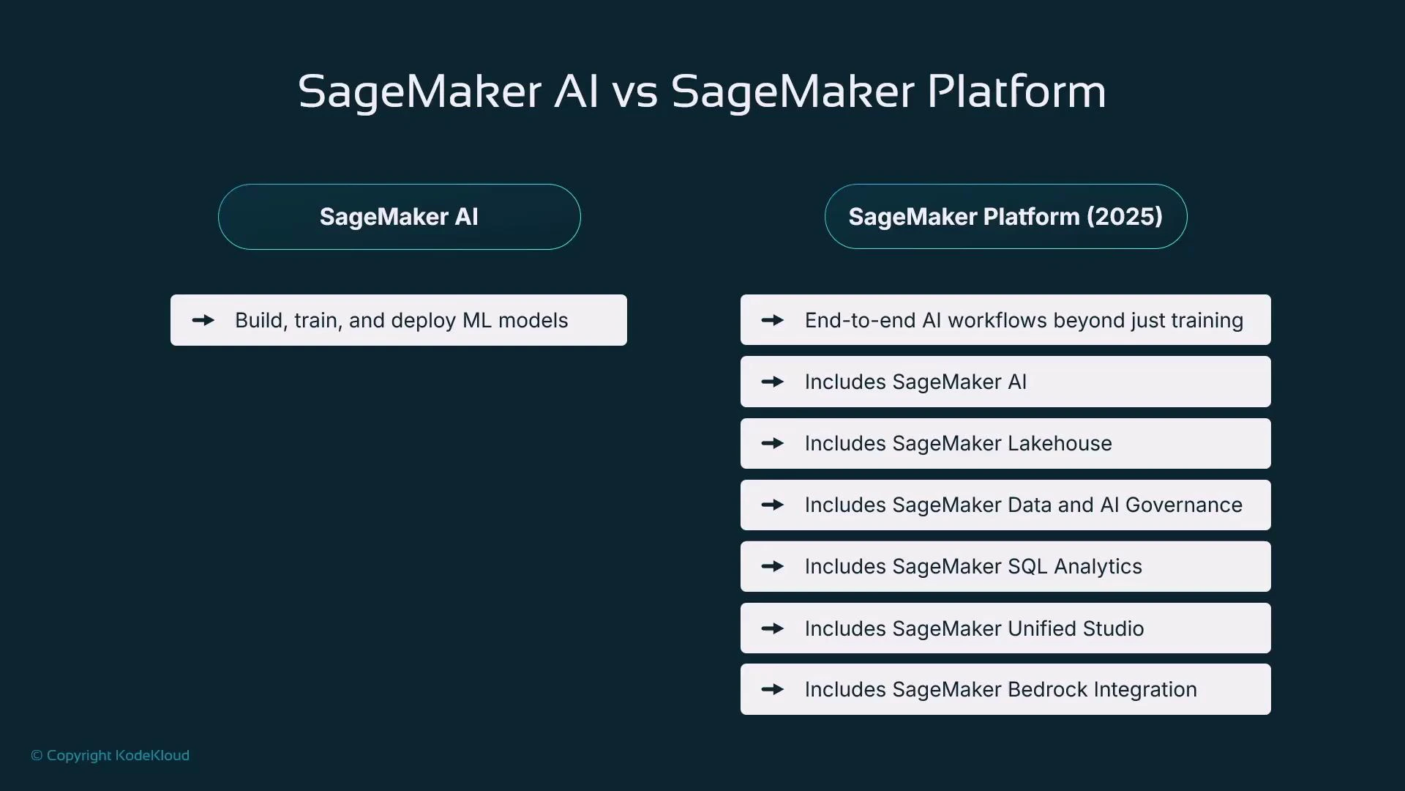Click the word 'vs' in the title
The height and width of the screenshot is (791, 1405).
(634, 93)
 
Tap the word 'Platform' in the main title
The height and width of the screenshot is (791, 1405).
(1016, 93)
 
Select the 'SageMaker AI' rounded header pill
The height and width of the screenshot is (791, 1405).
(399, 217)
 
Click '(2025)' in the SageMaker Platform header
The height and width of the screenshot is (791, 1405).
(1124, 217)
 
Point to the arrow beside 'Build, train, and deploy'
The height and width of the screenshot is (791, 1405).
(203, 320)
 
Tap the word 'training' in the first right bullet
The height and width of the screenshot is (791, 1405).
(1207, 320)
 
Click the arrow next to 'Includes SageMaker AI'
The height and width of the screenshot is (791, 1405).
(773, 382)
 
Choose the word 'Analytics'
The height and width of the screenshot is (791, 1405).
(1098, 566)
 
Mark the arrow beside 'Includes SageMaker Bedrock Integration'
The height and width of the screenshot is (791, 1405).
(773, 689)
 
